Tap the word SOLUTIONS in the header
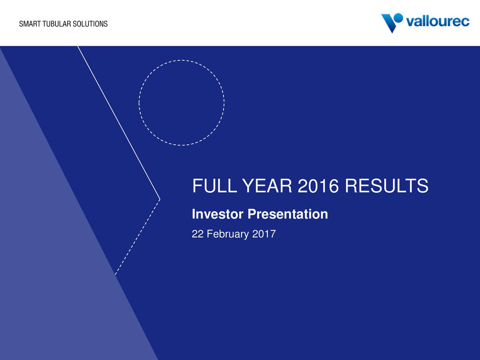[x=90, y=24]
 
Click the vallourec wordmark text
[x=438, y=21]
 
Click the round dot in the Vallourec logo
[x=398, y=18]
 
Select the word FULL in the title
[x=214, y=186]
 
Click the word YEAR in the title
[x=267, y=186]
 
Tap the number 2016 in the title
[x=318, y=186]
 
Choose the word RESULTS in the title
[x=387, y=186]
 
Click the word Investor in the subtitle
[x=217, y=214]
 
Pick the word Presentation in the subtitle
[x=288, y=214]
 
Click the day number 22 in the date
[x=198, y=234]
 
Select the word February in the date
[x=228, y=234]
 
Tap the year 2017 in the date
[x=264, y=234]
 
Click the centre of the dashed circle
[x=181, y=103]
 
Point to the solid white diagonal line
[x=119, y=123]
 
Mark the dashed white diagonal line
[x=138, y=237]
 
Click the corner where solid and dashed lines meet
[x=160, y=199]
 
